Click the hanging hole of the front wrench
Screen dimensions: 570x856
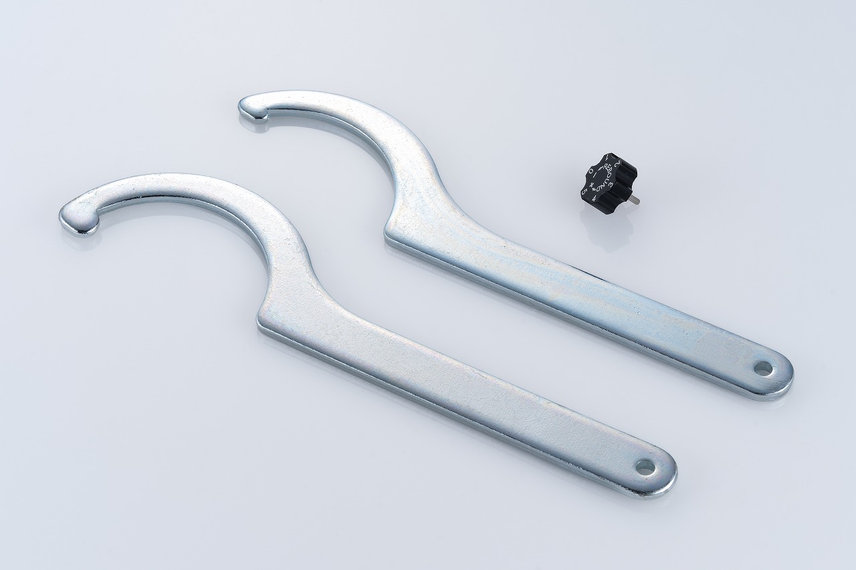click(x=645, y=467)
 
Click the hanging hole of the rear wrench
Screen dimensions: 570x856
click(x=762, y=367)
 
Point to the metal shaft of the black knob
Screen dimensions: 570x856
click(x=633, y=199)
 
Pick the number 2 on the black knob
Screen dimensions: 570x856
click(x=619, y=163)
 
